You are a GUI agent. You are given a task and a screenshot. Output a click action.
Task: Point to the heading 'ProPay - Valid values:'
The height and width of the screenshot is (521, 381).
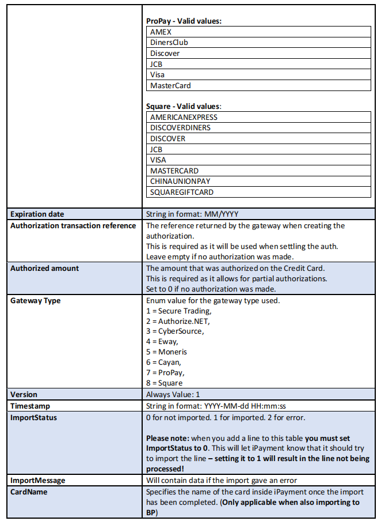pyautogui.click(x=184, y=21)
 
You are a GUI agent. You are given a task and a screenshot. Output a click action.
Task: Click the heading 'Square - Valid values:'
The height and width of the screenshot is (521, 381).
pyautogui.click(x=184, y=106)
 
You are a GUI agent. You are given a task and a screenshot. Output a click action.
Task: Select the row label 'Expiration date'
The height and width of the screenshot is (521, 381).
pyautogui.click(x=37, y=214)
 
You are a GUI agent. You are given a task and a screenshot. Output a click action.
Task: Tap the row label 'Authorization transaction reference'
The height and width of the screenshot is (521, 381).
pyautogui.click(x=73, y=225)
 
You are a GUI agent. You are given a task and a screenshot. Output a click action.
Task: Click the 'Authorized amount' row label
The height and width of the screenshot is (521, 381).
pyautogui.click(x=45, y=268)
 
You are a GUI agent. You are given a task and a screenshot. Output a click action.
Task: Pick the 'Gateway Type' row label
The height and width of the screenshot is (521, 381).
pyautogui.click(x=36, y=300)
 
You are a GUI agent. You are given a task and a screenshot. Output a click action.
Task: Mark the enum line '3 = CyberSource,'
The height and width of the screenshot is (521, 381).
pyautogui.click(x=175, y=331)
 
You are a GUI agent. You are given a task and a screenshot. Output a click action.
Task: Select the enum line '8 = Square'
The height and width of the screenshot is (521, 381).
pyautogui.click(x=164, y=383)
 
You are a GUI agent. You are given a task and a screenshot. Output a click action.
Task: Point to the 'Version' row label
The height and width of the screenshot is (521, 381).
pyautogui.click(x=24, y=395)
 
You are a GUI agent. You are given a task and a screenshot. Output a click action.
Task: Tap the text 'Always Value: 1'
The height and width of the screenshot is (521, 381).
pyautogui.click(x=173, y=395)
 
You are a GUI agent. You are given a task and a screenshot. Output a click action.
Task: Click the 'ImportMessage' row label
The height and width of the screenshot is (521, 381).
pyautogui.click(x=38, y=480)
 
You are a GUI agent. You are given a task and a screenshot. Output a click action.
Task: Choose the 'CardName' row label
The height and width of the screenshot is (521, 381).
pyautogui.click(x=29, y=492)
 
